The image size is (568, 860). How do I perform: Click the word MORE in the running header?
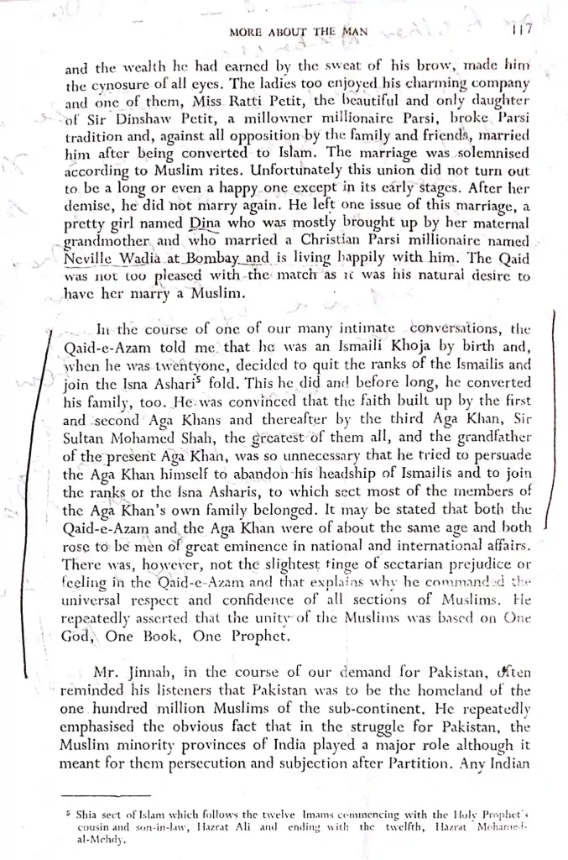[x=247, y=34]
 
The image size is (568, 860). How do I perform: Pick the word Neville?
[x=91, y=260]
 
